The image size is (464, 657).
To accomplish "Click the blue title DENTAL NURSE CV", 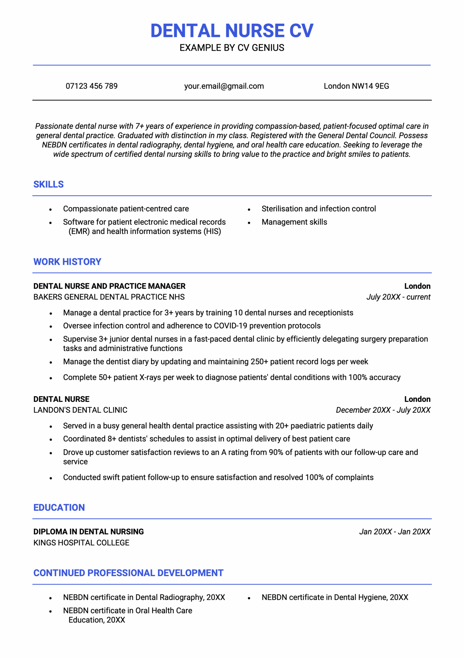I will click(232, 31).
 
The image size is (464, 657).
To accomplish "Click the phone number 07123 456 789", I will click(92, 86).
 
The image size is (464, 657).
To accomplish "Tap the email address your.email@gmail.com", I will click(224, 86).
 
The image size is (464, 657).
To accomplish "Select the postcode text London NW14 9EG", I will click(356, 86).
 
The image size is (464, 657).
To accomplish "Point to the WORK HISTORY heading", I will click(67, 262).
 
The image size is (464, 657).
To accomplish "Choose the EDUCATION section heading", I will click(59, 507).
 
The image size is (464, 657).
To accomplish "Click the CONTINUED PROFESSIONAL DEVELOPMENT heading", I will click(128, 573).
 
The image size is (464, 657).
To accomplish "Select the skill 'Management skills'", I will click(294, 222).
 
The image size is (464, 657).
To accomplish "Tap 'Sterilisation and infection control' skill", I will click(318, 209).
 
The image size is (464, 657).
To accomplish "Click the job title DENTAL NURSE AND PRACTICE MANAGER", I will click(109, 286).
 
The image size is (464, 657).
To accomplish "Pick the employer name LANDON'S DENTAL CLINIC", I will click(80, 410).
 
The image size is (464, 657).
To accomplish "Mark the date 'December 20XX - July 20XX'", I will click(383, 410).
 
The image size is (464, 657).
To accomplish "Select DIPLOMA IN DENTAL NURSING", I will click(88, 532).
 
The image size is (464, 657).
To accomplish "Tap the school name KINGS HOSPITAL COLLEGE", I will click(81, 543).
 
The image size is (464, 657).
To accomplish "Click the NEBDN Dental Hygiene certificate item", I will click(335, 597).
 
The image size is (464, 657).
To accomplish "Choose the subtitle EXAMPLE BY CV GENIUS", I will click(232, 48).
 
